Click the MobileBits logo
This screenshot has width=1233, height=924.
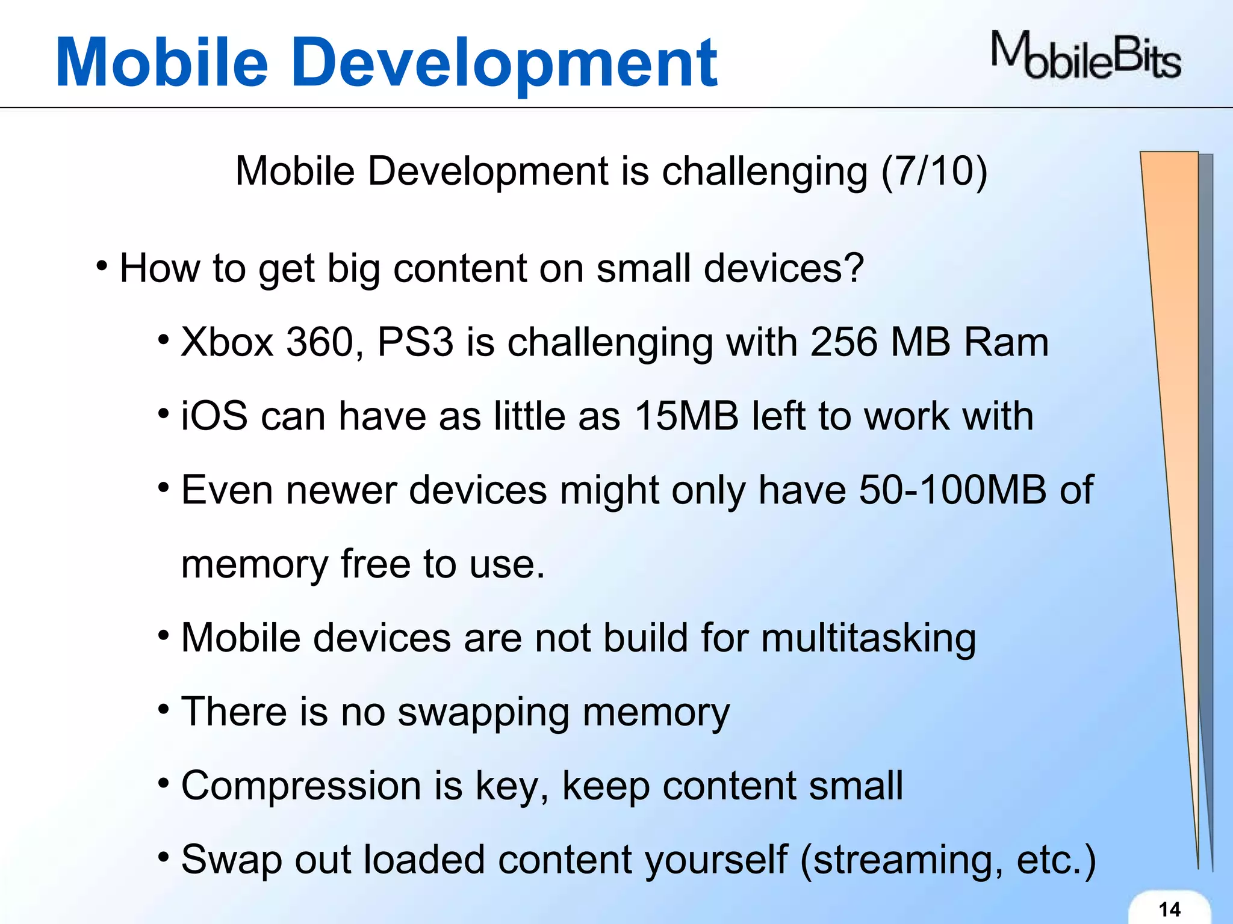click(1086, 57)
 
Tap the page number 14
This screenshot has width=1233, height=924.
click(1169, 909)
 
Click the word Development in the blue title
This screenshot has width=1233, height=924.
click(506, 63)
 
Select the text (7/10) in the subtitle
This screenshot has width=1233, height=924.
click(934, 171)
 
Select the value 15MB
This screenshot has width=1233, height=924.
click(686, 416)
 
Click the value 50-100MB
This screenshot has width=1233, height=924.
click(952, 490)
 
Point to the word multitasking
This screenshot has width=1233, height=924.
click(868, 638)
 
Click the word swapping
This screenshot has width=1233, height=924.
click(483, 713)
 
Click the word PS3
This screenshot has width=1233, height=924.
click(415, 342)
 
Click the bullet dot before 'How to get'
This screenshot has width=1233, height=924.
click(102, 265)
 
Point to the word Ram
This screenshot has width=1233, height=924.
click(1006, 342)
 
